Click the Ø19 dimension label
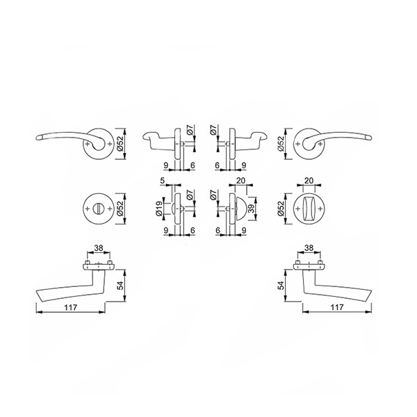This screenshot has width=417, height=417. click(x=158, y=208)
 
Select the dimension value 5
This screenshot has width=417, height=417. click(x=162, y=181)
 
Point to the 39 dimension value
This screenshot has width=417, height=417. click(x=252, y=208)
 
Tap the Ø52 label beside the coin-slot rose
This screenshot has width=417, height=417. click(x=120, y=208)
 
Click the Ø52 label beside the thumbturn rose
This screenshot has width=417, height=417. click(x=281, y=208)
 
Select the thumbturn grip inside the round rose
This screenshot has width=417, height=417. click(x=309, y=209)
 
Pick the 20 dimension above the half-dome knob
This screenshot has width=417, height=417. click(x=240, y=181)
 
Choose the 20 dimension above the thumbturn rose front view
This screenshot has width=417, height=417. click(x=309, y=181)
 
